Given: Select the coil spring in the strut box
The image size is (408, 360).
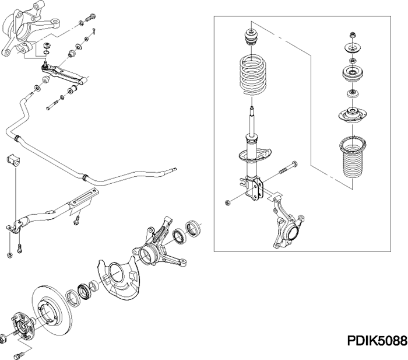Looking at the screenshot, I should [x=255, y=75].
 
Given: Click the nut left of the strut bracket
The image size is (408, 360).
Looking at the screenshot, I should [x=228, y=202].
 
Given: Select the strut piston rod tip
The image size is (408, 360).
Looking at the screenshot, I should [x=251, y=111].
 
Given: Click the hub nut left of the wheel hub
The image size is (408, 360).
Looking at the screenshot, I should [x=5, y=337].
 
